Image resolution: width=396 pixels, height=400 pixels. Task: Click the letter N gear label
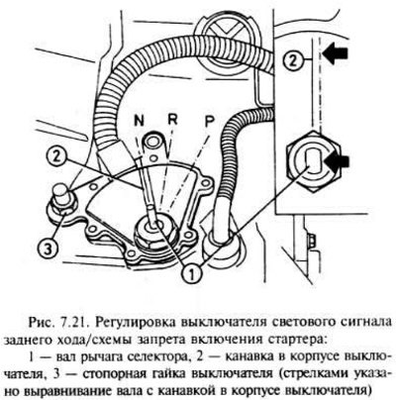[x=139, y=121]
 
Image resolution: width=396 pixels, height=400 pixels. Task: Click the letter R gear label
[x=172, y=120]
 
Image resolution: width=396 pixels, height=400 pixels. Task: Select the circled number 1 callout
[x=191, y=273]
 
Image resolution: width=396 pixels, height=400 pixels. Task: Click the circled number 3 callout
[x=48, y=249]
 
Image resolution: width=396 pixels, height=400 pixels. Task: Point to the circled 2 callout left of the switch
[x=55, y=157]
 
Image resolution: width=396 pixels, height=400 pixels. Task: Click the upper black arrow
[x=336, y=52]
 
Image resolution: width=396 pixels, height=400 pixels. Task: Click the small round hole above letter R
[x=154, y=143]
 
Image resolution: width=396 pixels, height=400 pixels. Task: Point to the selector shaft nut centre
[x=155, y=226]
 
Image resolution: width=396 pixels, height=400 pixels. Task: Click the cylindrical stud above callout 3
[x=61, y=194]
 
